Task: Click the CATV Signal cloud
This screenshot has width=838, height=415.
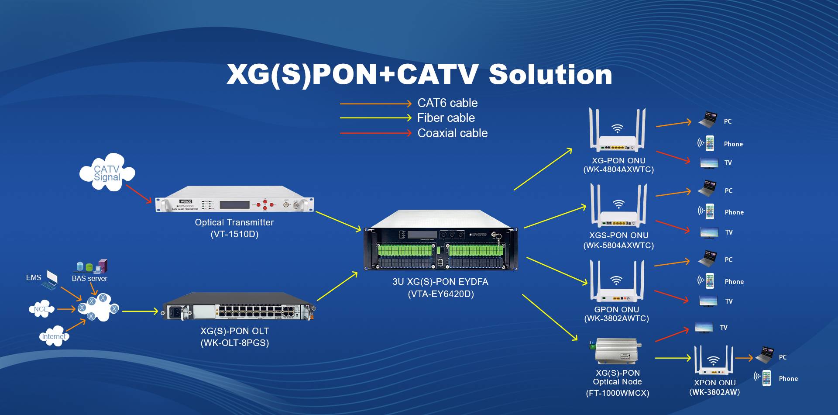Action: (x=107, y=172)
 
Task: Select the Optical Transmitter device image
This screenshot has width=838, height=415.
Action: (x=235, y=200)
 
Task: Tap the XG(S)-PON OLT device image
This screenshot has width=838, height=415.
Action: (x=239, y=307)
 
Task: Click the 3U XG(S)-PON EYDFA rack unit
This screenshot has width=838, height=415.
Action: (x=441, y=240)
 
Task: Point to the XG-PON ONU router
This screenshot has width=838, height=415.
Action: (x=617, y=130)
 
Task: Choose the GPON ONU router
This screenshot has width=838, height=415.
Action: (x=617, y=281)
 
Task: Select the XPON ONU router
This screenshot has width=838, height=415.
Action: (x=714, y=360)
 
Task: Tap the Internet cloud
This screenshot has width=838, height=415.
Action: (x=54, y=336)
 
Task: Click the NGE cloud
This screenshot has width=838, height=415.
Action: (x=41, y=309)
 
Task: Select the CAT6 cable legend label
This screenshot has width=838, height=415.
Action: (x=447, y=103)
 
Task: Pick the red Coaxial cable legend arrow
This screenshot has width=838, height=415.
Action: (x=376, y=133)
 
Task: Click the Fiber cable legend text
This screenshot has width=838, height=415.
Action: (x=446, y=118)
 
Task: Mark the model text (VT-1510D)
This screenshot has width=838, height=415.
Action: (x=234, y=234)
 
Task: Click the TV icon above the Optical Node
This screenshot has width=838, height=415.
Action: (x=704, y=328)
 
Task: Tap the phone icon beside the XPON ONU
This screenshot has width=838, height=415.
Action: (x=766, y=378)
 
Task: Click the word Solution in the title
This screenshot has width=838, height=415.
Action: (x=550, y=74)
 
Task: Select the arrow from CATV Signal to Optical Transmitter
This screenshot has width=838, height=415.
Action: (x=139, y=194)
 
